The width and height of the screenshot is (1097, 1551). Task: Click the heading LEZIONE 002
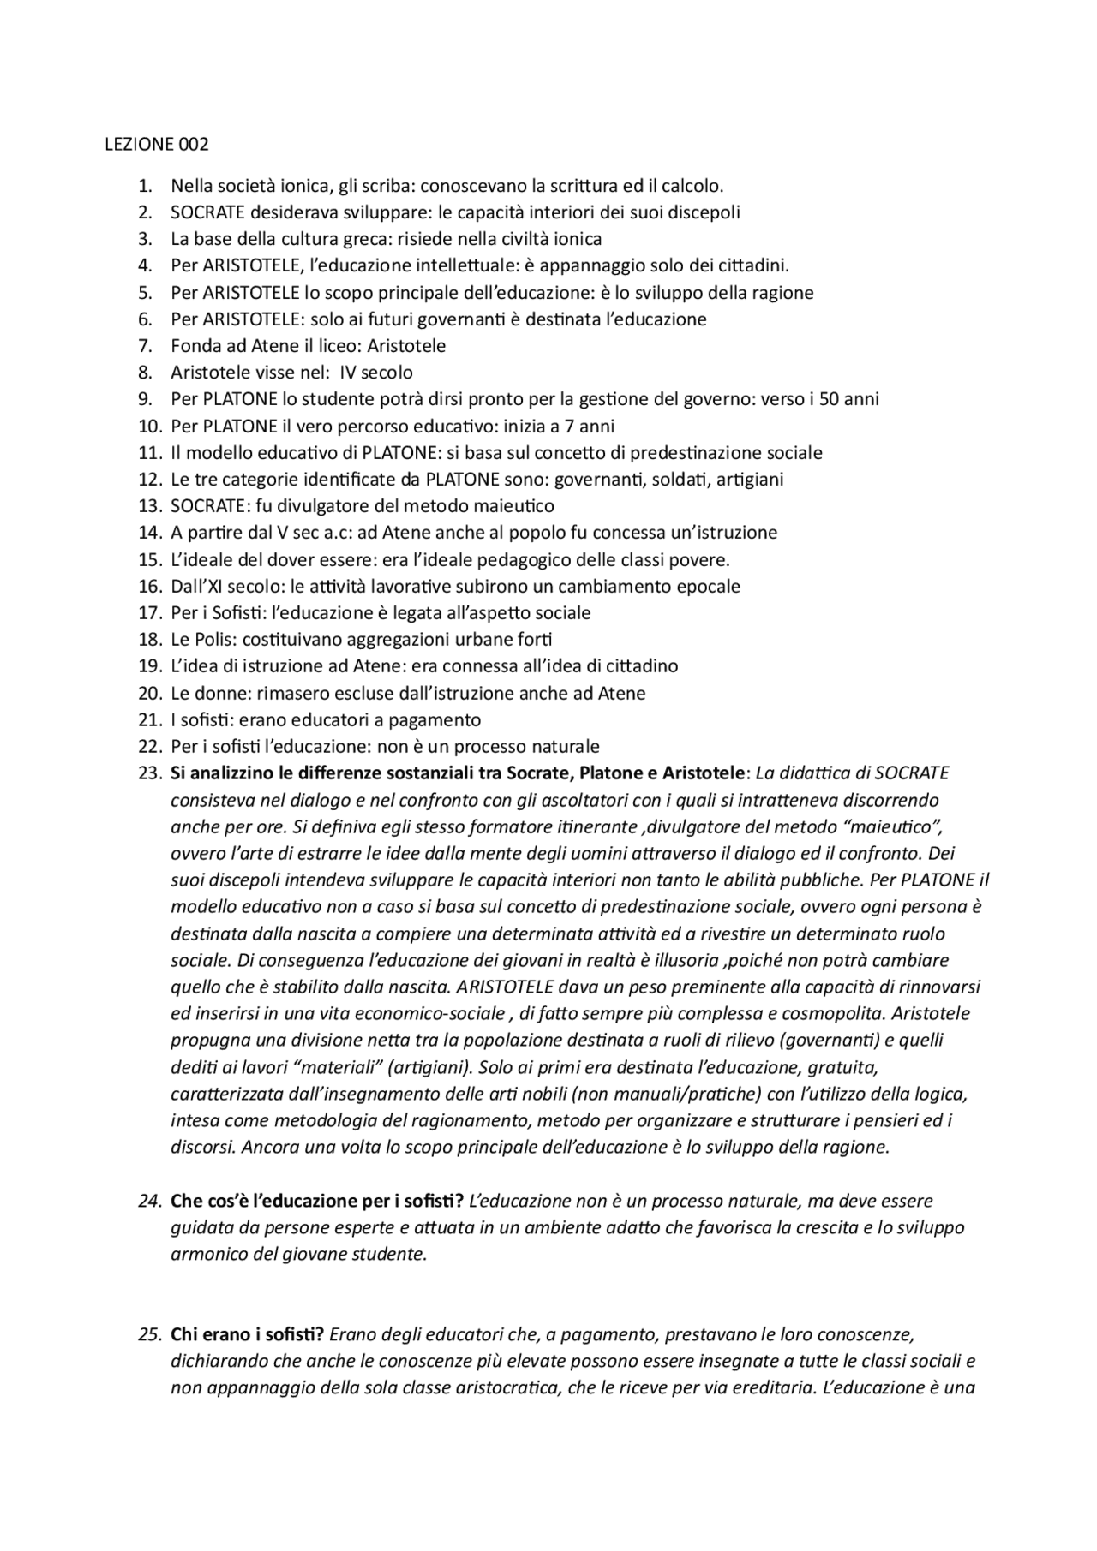(156, 144)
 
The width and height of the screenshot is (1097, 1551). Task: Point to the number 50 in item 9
(829, 399)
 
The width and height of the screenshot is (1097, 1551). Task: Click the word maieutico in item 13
(512, 506)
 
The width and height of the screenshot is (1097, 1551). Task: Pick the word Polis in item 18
(213, 639)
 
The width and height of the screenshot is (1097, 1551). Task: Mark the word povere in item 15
(699, 560)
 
